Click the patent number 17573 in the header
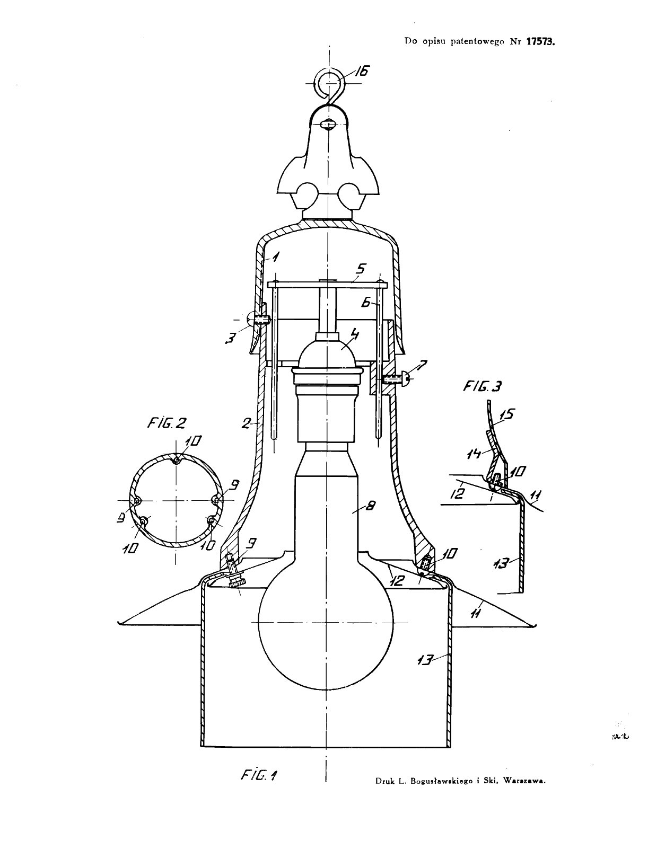click(540, 41)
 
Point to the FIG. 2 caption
click(167, 423)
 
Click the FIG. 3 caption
click(482, 386)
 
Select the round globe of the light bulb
click(326, 623)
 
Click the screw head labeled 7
click(407, 378)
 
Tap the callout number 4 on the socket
click(354, 334)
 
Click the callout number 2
click(246, 423)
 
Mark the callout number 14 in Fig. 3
click(475, 454)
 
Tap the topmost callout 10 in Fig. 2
click(193, 441)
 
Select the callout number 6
click(365, 302)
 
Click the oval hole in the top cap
click(327, 125)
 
